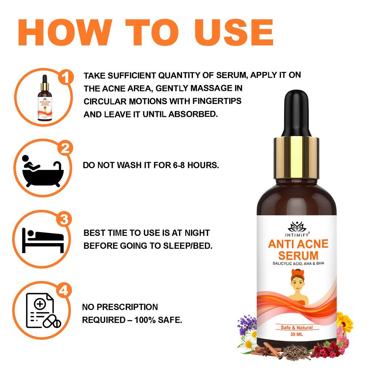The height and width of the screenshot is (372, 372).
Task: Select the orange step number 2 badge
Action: pos(65,149)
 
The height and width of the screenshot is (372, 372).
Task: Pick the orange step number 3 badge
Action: pos(65,219)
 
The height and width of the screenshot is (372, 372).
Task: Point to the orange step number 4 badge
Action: pos(65,290)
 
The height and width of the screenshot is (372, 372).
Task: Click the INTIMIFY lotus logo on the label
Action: pos(297,227)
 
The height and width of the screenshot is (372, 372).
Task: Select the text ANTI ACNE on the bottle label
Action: pos(298,244)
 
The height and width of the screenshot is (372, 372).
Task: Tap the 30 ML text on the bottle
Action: pos(297,334)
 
